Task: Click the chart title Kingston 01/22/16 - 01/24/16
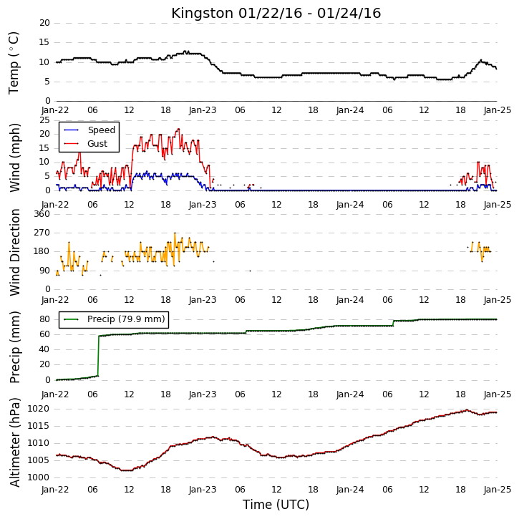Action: pos(276,13)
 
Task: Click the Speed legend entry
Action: pos(89,130)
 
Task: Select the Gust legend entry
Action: pos(86,144)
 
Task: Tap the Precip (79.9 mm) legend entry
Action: pos(115,319)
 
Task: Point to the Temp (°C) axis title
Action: pos(14,63)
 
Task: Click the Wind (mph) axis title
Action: pos(15,157)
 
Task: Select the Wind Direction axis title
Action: pos(15,252)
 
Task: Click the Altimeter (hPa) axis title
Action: pos(15,442)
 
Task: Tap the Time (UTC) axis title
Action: pos(276,505)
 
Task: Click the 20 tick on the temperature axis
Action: pos(44,23)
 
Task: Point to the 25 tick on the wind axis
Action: pos(44,120)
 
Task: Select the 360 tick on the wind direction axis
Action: pos(42,214)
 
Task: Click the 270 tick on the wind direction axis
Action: pos(42,233)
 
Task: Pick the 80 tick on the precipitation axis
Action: pos(44,319)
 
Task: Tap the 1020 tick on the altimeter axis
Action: pos(38,409)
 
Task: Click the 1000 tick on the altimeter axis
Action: pos(38,477)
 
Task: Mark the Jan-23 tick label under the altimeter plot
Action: pos(203,490)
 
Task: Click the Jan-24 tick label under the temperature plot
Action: pos(350,110)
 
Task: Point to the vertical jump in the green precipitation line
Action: pos(98,356)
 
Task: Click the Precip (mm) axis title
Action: pos(15,347)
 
